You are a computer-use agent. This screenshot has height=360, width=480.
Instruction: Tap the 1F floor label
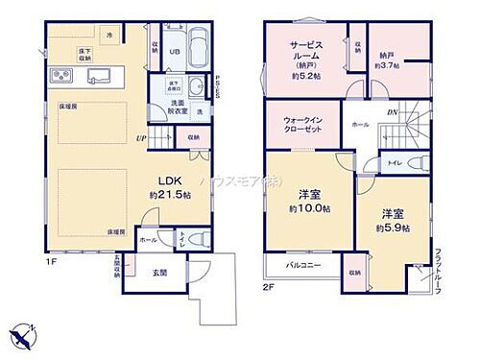(x=47, y=256)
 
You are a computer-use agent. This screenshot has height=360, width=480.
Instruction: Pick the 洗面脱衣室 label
(x=179, y=108)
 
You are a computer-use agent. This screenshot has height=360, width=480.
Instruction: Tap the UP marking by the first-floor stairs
(x=141, y=138)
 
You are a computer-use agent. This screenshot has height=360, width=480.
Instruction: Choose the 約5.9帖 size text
(x=394, y=228)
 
